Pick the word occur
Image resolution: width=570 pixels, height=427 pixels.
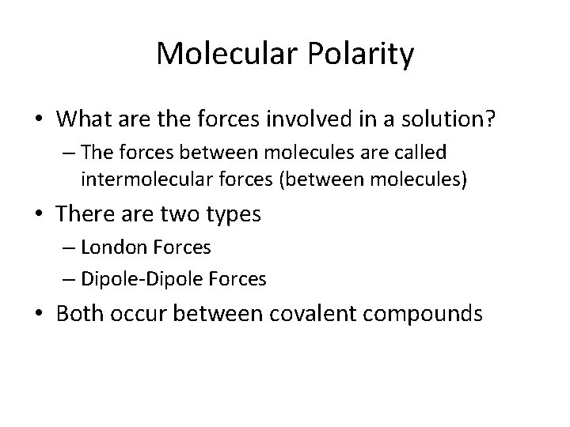[139, 313]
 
